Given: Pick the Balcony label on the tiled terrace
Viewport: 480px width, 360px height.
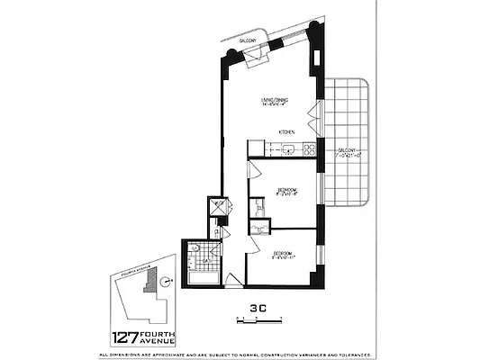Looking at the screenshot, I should pyautogui.click(x=349, y=150).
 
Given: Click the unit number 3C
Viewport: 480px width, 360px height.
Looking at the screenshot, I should pyautogui.click(x=258, y=307).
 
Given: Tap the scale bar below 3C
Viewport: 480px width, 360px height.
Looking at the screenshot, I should pyautogui.click(x=259, y=319).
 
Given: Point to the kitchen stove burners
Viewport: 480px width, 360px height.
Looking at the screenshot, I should pyautogui.click(x=309, y=149).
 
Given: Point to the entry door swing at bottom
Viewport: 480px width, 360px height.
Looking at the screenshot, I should pyautogui.click(x=233, y=282).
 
